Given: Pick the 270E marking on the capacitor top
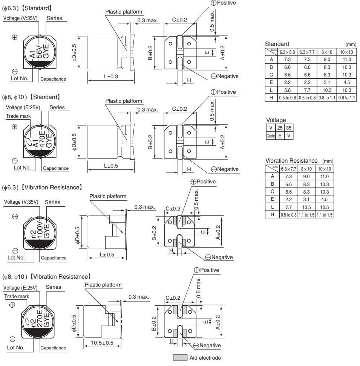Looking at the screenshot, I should click(x=39, y=318).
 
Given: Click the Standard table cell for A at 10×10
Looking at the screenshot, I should click(x=346, y=59).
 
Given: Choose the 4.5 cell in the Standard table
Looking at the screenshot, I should click(x=346, y=82).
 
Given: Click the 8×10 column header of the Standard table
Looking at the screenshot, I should click(x=327, y=52).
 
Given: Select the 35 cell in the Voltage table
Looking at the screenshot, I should click(x=288, y=128).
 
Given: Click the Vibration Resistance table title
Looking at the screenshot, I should click(x=291, y=161).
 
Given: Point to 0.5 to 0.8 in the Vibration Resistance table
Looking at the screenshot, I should click(x=288, y=215).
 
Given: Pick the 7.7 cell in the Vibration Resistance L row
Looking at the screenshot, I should click(x=288, y=207).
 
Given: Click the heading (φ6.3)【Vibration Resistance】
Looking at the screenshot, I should click(x=42, y=187).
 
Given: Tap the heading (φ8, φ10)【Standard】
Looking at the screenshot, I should click(x=31, y=97).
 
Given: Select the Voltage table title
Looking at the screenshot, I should click(x=276, y=120).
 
